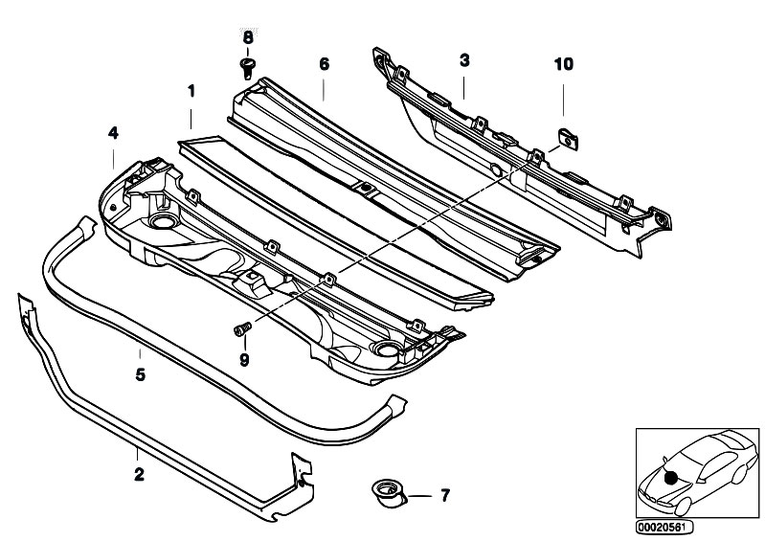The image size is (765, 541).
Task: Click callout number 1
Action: [x=191, y=92]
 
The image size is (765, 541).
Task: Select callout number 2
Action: [x=140, y=474]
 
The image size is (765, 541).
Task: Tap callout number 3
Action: [x=463, y=60]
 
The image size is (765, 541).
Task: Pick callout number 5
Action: [x=140, y=374]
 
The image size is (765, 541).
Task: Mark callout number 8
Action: [x=248, y=36]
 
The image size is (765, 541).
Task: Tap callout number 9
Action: [x=244, y=360]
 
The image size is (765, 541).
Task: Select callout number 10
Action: [x=563, y=64]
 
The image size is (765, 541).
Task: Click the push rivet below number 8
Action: [x=247, y=66]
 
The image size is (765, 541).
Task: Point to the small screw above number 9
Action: [x=240, y=330]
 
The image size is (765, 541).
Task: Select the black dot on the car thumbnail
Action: [x=672, y=477]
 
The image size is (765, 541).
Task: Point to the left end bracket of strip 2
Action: [x=25, y=312]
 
